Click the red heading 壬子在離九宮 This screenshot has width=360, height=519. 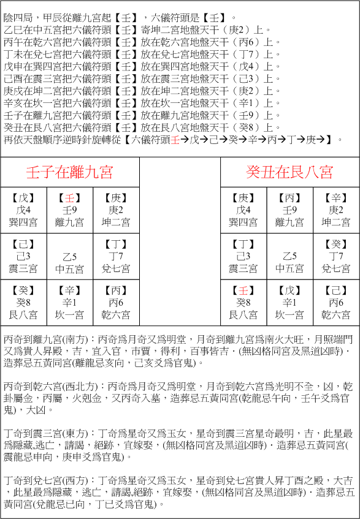[x=69, y=172]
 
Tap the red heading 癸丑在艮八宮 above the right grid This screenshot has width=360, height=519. [x=290, y=172]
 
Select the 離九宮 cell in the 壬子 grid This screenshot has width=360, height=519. [x=69, y=210]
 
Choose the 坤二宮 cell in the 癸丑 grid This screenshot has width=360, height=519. [x=336, y=210]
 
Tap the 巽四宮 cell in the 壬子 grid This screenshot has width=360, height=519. [x=23, y=210]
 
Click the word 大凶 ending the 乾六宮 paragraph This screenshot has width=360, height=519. [x=31, y=410]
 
